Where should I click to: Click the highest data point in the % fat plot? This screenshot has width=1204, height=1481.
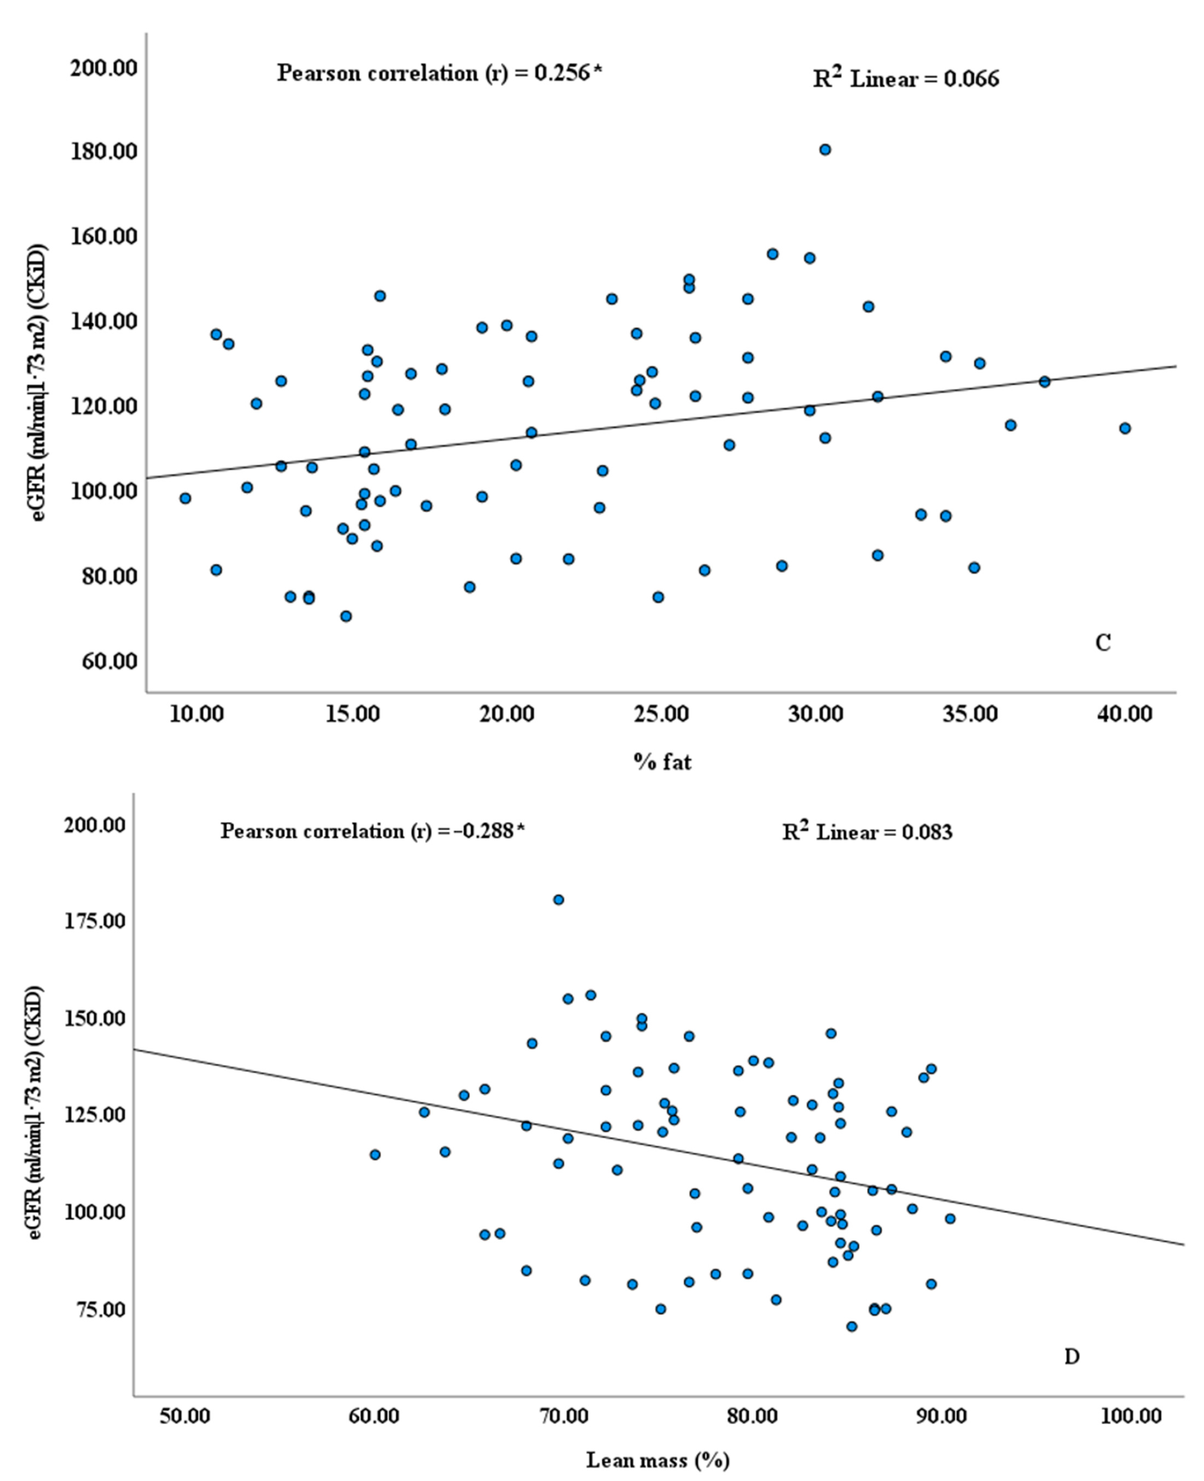(825, 150)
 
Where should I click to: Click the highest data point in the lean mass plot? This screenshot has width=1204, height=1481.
(558, 900)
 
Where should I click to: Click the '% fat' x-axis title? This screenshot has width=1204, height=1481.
(662, 762)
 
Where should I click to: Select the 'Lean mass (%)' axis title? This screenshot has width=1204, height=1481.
(658, 1460)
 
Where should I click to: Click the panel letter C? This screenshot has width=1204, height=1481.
(1103, 643)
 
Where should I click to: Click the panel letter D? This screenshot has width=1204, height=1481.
(1071, 1356)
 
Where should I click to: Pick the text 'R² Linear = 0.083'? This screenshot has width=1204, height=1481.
(867, 832)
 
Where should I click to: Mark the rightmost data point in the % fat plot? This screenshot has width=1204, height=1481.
(1125, 428)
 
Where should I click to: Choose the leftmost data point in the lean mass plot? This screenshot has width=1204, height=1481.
(375, 1154)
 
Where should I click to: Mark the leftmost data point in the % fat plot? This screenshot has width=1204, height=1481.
(184, 498)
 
